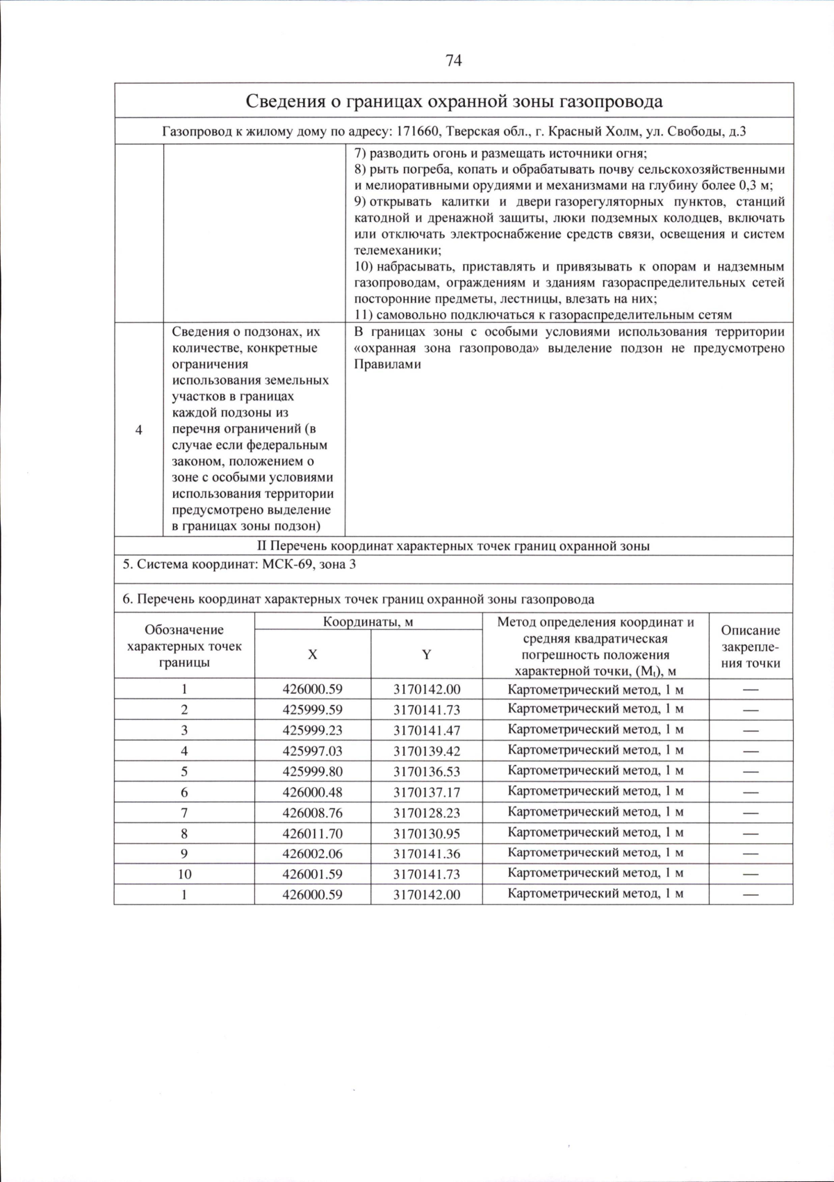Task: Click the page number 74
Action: tap(454, 60)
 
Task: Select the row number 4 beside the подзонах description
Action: tap(139, 430)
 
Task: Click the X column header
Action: tap(313, 654)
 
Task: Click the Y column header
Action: tap(426, 654)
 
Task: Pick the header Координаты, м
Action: tap(368, 622)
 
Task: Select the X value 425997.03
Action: tap(313, 751)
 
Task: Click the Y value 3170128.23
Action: tap(426, 813)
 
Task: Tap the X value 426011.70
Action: tap(313, 833)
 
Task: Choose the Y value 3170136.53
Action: tap(426, 772)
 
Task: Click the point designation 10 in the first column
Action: tap(184, 874)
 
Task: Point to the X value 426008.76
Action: tap(313, 813)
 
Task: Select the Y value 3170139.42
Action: tap(426, 751)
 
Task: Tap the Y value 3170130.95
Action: tap(426, 833)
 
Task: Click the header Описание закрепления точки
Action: tap(750, 647)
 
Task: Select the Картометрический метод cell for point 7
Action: tap(596, 811)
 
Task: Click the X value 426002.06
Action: tap(313, 854)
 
